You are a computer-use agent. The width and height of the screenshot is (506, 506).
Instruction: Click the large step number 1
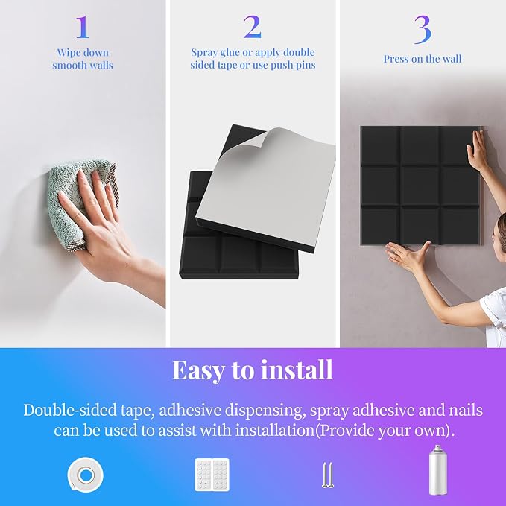pos(83,27)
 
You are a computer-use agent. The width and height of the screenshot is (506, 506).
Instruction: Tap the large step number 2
pos(253,27)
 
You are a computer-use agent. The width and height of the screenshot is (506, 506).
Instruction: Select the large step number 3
pos(423,30)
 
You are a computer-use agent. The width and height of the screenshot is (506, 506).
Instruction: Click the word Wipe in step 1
pos(66,53)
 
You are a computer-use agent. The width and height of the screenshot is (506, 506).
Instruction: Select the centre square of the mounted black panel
pos(420,186)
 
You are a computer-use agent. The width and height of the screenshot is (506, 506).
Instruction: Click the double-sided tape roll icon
pos(86,475)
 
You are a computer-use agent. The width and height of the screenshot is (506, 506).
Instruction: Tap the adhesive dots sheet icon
pos(212,475)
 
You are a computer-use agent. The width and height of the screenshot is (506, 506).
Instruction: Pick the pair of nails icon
pos(328,475)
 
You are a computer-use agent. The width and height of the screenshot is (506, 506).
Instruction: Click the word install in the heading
pos(297,370)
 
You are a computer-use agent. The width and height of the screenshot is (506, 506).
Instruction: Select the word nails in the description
pos(466,411)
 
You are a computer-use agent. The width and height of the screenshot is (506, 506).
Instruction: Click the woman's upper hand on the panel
pos(477,149)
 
